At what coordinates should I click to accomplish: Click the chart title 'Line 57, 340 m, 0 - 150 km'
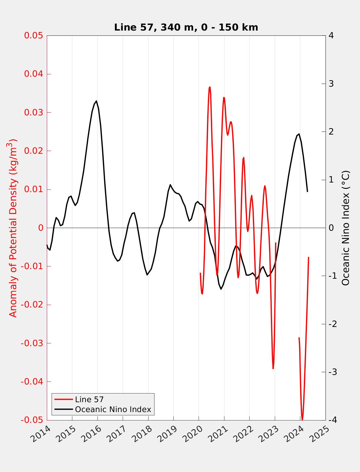coord(186,27)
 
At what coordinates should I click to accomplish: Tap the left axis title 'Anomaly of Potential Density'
coord(13,228)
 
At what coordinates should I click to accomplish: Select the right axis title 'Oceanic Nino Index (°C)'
coord(346,228)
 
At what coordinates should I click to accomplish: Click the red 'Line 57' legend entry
coord(89,399)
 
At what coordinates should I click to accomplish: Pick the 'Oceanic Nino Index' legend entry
coord(113,409)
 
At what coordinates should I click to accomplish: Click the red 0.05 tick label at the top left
coord(34,36)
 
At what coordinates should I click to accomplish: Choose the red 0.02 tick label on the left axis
coord(34,151)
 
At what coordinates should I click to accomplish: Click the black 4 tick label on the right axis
coord(331,36)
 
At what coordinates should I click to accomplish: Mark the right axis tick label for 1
coord(331,180)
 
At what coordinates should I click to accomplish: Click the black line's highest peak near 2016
coord(96,101)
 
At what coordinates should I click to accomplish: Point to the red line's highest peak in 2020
coord(210,87)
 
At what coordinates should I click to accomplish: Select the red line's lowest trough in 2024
coord(302,419)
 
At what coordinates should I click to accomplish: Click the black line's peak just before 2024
coord(299,134)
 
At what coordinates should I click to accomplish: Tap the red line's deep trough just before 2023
coord(273,368)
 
